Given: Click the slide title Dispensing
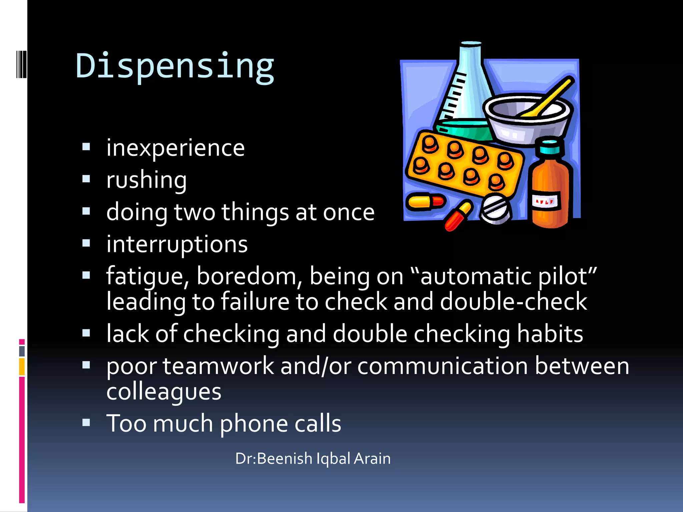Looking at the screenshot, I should (175, 67).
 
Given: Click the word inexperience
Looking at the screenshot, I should (175, 148).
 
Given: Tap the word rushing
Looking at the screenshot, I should (146, 180).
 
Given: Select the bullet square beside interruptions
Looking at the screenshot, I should (86, 244).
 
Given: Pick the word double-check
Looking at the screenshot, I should (514, 302).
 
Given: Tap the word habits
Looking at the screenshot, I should (550, 334).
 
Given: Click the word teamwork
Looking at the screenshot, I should (218, 366).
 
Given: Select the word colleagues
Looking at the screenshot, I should (164, 391).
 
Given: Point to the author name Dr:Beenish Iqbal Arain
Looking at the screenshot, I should (313, 459).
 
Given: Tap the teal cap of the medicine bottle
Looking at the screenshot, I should (550, 147).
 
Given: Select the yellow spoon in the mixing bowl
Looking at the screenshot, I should (550, 97).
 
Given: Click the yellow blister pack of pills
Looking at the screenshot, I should (464, 163).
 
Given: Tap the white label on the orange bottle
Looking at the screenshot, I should (545, 201).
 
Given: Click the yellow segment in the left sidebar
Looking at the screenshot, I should (22, 367).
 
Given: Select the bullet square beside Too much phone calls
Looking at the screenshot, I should (86, 423).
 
